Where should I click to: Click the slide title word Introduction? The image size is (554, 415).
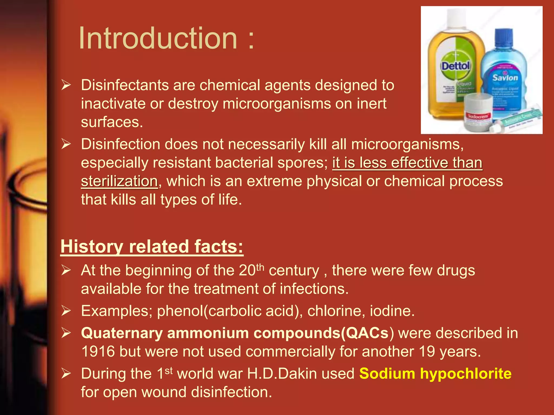coord(158,38)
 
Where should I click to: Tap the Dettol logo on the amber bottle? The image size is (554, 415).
coord(456,66)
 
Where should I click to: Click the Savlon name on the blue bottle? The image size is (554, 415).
coord(505,78)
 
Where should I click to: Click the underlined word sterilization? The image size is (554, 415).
coord(119,181)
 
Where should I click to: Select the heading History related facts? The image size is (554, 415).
coord(152,246)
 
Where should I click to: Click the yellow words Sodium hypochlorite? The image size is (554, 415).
coord(435,374)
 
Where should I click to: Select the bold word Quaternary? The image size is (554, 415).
coord(122,333)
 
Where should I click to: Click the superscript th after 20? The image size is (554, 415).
coord(260,267)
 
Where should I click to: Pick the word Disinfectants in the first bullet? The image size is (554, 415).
coord(125,85)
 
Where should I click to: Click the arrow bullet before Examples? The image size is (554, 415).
coord(66,311)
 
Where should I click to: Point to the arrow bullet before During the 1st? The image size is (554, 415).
coord(66,374)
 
